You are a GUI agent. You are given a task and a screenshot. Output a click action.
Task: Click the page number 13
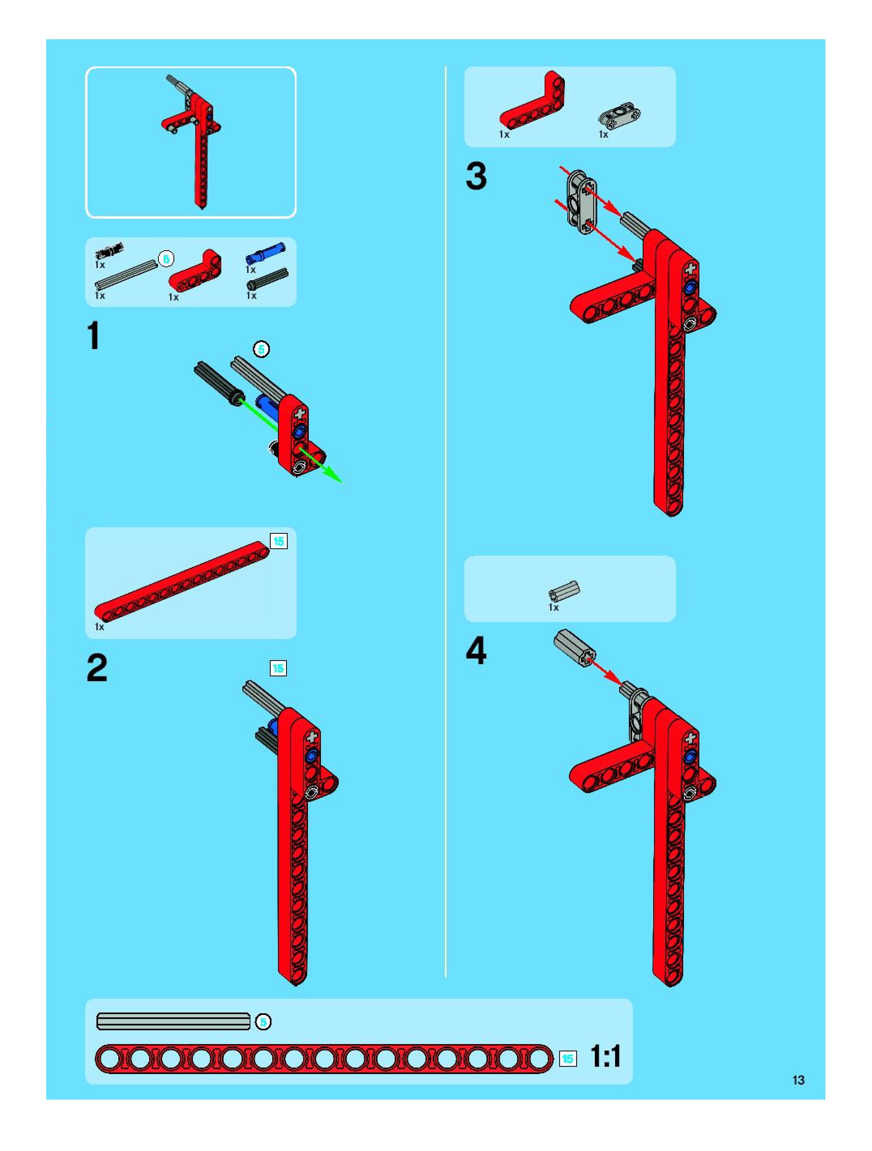[798, 1080]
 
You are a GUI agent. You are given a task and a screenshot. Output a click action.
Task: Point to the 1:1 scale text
[605, 1057]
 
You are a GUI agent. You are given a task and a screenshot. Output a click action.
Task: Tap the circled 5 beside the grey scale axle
[263, 1022]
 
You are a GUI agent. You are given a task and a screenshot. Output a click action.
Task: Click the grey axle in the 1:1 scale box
[173, 1021]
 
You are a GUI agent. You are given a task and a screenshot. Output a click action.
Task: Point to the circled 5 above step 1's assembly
[261, 349]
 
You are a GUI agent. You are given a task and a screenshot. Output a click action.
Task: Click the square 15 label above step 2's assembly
[278, 668]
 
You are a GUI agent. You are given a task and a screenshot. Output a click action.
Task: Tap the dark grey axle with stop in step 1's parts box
[267, 279]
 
